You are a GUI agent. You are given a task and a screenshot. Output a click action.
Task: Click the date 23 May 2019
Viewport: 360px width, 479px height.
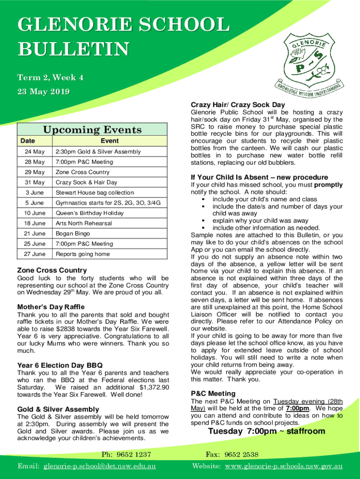[43, 92]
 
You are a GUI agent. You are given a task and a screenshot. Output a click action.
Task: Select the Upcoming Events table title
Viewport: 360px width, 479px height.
[92, 130]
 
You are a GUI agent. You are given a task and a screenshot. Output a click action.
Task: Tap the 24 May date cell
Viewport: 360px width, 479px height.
[35, 152]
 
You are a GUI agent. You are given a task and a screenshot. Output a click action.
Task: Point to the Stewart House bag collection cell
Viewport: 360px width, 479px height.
[94, 192]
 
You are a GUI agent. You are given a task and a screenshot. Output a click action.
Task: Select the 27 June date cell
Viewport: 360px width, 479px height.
[35, 254]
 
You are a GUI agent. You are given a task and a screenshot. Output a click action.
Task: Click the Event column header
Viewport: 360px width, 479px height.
[109, 141]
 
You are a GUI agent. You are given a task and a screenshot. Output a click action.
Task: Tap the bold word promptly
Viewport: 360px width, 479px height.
[328, 185]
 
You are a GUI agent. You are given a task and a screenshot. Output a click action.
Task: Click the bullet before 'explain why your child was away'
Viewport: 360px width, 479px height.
[203, 221]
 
